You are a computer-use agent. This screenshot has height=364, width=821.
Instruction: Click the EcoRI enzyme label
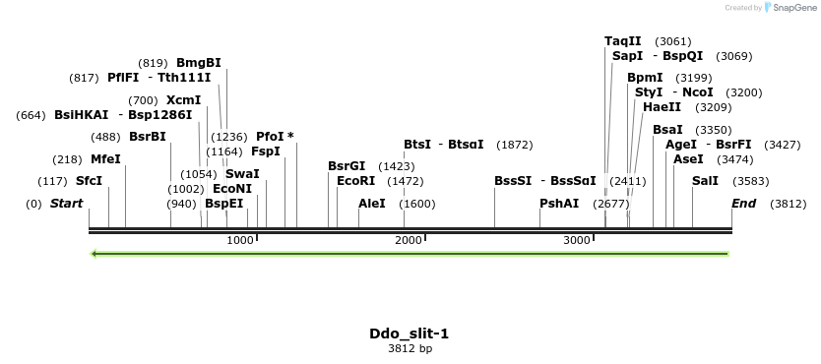tap(356, 181)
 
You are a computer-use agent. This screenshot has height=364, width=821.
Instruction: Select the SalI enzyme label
tap(705, 181)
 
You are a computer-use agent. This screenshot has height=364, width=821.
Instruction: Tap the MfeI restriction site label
tap(105, 158)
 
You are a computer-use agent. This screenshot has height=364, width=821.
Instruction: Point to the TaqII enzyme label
tap(622, 41)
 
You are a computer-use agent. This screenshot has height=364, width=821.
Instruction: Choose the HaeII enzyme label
tap(662, 107)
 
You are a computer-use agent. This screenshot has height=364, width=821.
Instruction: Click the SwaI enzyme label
tap(242, 174)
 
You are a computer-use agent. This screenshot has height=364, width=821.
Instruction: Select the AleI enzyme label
tap(372, 204)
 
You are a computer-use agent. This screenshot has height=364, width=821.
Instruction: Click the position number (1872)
tap(515, 145)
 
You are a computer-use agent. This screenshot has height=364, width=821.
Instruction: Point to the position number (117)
tap(52, 181)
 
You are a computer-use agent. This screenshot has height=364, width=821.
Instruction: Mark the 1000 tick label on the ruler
tap(240, 241)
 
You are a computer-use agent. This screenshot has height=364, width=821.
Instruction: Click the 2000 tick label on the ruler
tap(409, 241)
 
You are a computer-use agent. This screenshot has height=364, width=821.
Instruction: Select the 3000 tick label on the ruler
tap(576, 241)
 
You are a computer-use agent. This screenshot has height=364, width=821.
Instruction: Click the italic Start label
tap(67, 204)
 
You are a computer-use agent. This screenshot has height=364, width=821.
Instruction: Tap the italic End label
tap(743, 204)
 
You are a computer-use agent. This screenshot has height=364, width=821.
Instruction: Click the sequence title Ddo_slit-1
tap(410, 334)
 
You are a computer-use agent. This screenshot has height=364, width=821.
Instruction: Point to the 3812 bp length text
tap(410, 348)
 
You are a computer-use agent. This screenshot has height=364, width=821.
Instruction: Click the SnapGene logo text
tap(797, 8)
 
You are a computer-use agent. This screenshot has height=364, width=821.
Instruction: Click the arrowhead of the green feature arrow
tap(95, 254)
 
